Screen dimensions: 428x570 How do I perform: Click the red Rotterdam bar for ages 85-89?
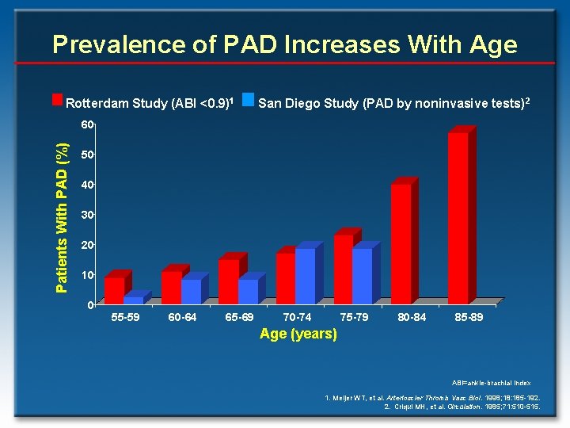(x=458, y=218)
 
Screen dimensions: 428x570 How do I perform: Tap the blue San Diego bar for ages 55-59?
(x=134, y=300)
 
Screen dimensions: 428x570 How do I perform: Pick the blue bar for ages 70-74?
(x=305, y=277)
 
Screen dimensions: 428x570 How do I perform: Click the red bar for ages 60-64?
(x=171, y=288)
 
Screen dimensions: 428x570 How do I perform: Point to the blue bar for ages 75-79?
(x=362, y=277)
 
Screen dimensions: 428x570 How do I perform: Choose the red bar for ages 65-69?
(x=228, y=281)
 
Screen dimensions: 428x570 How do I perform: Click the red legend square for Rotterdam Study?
(x=57, y=100)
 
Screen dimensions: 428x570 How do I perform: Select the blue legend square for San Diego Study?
(x=248, y=100)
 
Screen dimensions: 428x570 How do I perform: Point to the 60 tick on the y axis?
(x=88, y=124)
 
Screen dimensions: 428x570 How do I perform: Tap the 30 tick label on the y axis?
(x=88, y=215)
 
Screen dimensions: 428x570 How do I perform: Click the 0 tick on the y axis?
(x=91, y=305)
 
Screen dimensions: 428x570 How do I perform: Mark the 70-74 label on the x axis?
(x=298, y=317)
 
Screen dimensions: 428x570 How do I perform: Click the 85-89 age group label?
(x=469, y=317)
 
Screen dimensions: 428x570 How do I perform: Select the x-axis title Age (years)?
(x=298, y=334)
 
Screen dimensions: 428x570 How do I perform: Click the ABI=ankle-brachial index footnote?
(x=496, y=383)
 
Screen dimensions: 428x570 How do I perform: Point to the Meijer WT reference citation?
(x=433, y=396)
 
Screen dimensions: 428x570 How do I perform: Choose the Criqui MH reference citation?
(x=462, y=406)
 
